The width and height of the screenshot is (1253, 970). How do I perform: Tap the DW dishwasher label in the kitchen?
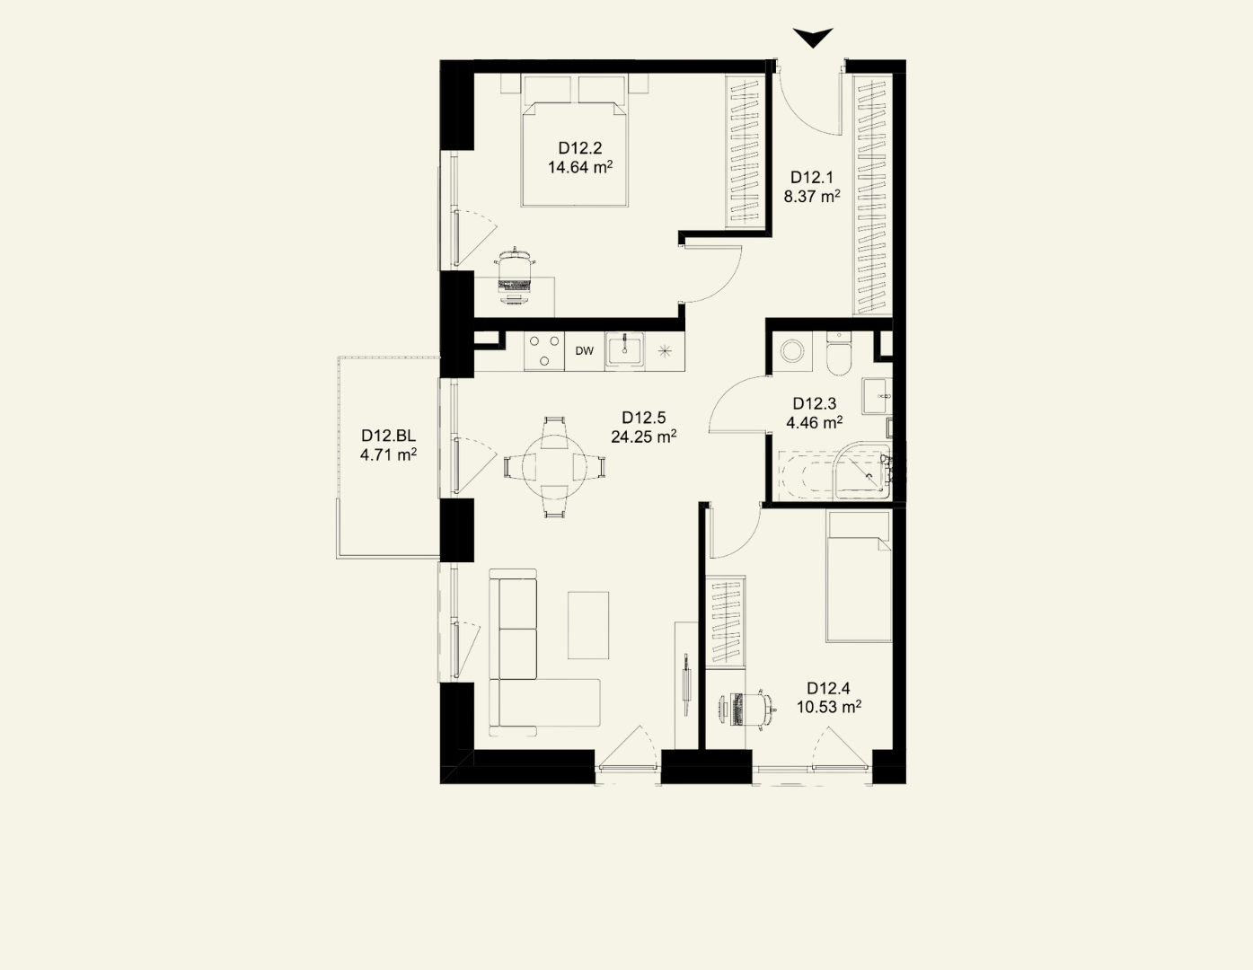584,350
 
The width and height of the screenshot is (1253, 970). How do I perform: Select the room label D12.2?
580,148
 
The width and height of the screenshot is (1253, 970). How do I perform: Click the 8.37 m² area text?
812,197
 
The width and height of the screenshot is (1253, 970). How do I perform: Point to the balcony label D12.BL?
388,436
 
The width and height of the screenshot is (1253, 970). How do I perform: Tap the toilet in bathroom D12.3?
838,353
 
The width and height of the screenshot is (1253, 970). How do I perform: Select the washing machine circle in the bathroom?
791,351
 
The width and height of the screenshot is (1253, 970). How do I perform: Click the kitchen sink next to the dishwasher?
624,350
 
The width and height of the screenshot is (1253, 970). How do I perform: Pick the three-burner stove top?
544,350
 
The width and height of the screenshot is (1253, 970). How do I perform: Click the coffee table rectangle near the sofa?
588,625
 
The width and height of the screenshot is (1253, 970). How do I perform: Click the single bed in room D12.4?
859,577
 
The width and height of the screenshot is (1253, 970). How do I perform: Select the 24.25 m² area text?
643,436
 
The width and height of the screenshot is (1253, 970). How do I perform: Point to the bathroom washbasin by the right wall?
877,396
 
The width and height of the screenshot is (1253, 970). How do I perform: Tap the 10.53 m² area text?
829,707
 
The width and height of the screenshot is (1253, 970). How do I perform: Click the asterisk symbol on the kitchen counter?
665,350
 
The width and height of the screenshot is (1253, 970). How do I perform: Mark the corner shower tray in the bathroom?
862,471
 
